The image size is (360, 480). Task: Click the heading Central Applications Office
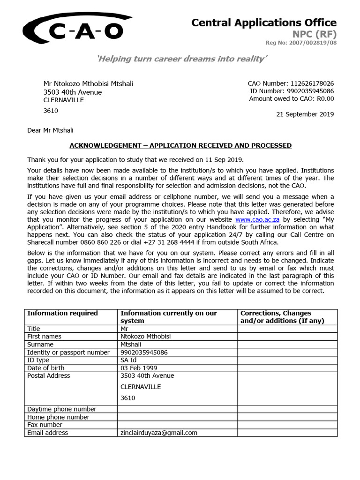click(x=264, y=22)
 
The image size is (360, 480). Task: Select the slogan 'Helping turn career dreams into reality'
click(x=182, y=59)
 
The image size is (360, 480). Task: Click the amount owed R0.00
click(x=325, y=98)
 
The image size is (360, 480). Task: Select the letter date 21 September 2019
click(x=305, y=114)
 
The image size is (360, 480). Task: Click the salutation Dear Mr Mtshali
click(x=50, y=130)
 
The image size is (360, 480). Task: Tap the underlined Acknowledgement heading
click(x=180, y=146)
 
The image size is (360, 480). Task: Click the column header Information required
click(x=62, y=313)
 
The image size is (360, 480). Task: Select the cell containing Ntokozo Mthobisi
click(x=145, y=337)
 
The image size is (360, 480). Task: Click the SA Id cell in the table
click(x=128, y=360)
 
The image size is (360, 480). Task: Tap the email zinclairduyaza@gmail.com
click(x=158, y=433)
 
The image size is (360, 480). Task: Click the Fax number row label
click(x=45, y=425)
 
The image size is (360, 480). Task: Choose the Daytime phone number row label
click(x=61, y=409)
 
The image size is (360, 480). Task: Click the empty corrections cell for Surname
click(x=287, y=345)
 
